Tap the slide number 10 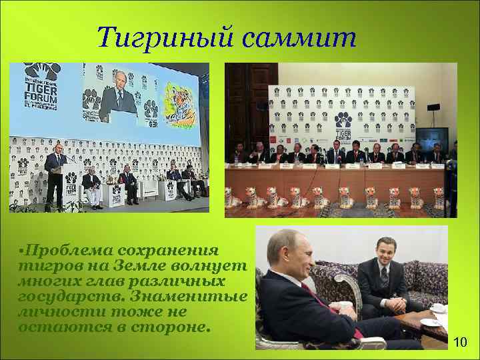point(459,343)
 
